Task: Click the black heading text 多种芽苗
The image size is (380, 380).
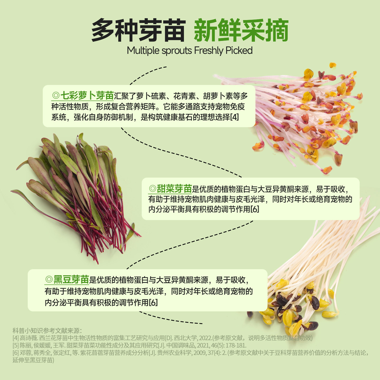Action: pos(138,30)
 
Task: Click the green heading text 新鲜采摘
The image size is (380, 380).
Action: pos(241,30)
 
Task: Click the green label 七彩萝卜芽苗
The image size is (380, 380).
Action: pos(87,96)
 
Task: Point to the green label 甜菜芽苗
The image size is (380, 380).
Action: pos(174,189)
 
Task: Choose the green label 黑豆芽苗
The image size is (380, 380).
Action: pos(71,279)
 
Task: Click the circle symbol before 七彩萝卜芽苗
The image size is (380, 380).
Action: pos(56,96)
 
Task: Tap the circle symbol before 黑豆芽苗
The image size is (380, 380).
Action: pos(49,279)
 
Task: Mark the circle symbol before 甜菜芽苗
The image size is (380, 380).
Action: pos(152,189)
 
